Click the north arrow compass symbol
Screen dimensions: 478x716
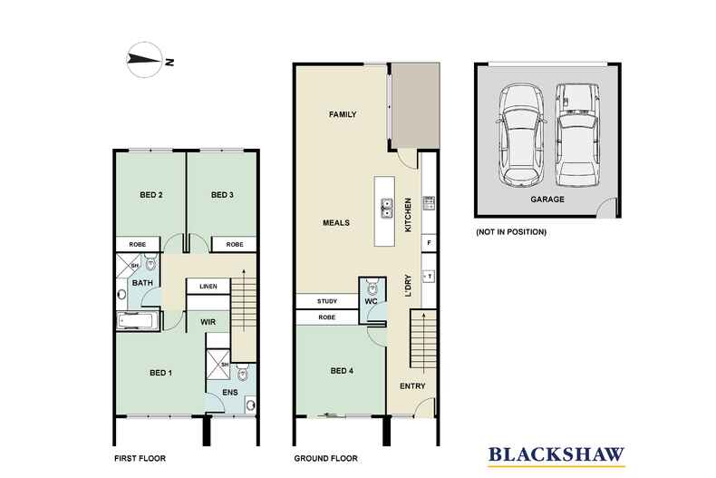click(x=146, y=61)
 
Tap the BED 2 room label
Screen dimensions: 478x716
click(x=150, y=195)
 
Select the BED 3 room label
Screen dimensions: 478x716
click(x=222, y=195)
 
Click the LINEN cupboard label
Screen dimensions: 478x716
click(x=208, y=287)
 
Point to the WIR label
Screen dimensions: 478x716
click(x=208, y=321)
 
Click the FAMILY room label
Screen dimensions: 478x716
click(x=342, y=115)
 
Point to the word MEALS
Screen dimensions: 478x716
click(x=336, y=222)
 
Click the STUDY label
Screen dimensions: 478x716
click(x=326, y=301)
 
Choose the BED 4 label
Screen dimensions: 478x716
click(x=342, y=370)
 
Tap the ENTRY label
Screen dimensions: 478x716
click(x=413, y=387)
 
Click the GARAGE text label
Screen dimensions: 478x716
click(x=548, y=200)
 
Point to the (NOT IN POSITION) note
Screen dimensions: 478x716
click(x=512, y=232)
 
